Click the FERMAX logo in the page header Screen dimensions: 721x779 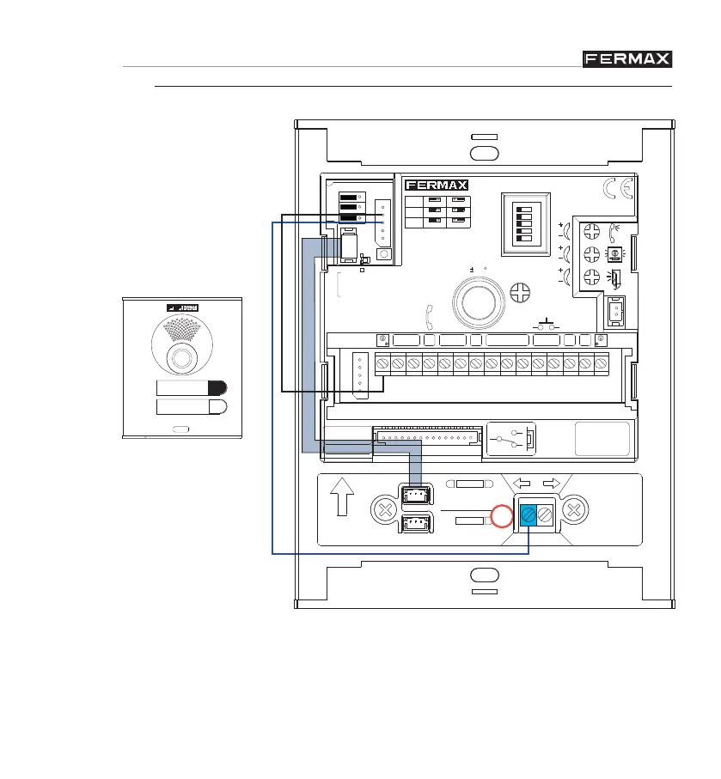(x=626, y=58)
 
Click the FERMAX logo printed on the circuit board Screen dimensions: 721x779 (x=436, y=185)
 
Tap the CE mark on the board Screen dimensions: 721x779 (x=618, y=189)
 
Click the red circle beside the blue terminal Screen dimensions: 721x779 (x=501, y=517)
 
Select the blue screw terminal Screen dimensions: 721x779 (x=526, y=516)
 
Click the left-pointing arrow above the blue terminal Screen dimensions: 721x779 (x=522, y=484)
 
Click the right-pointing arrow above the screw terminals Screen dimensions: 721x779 (x=551, y=484)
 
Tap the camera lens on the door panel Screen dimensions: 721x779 (x=180, y=358)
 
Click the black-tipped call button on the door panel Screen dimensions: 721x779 (x=192, y=387)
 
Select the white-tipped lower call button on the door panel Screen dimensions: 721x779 (x=192, y=407)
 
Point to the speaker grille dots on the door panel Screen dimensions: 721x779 (x=180, y=332)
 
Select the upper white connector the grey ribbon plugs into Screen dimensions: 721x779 (x=418, y=496)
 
